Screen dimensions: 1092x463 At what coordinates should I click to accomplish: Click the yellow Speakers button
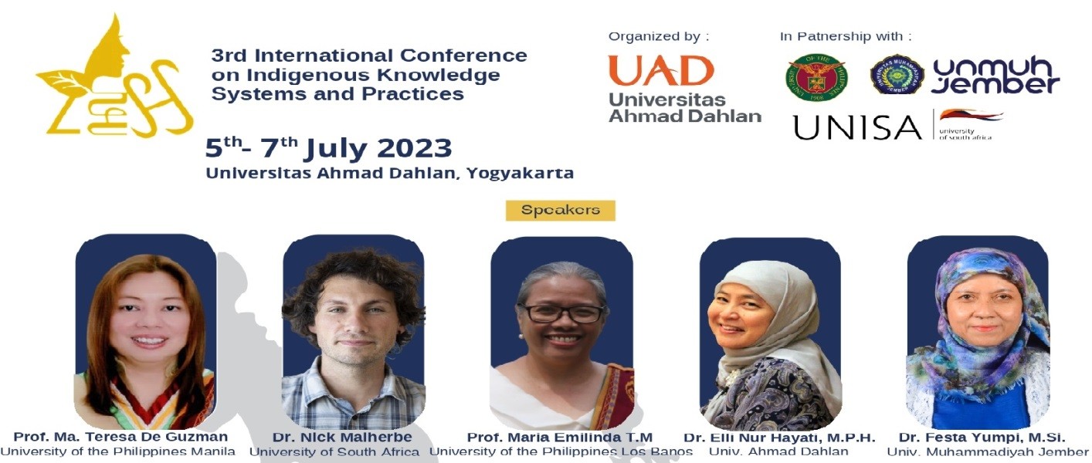click(560, 210)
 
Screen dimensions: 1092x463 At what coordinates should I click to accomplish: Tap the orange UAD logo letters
click(661, 71)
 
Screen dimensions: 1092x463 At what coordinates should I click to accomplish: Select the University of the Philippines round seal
click(816, 77)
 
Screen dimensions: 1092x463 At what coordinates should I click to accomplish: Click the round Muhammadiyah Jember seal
click(897, 74)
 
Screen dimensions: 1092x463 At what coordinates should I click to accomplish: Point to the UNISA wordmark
click(857, 127)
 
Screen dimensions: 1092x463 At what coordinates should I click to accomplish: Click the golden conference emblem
click(116, 77)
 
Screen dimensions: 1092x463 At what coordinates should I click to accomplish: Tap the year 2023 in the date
click(415, 148)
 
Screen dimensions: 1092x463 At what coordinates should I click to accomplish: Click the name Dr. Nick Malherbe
click(342, 438)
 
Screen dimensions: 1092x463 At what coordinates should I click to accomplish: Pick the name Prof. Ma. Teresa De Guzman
click(120, 437)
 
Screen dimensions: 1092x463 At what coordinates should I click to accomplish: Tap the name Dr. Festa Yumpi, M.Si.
click(982, 438)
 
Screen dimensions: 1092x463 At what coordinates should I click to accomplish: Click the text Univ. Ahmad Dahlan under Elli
click(778, 451)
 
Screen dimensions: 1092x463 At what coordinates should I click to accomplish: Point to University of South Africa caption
click(334, 451)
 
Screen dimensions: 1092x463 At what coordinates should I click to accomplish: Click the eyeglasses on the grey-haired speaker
click(562, 313)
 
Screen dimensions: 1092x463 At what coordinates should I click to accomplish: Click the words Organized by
click(659, 36)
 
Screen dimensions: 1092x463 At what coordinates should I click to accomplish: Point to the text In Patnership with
click(846, 36)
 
